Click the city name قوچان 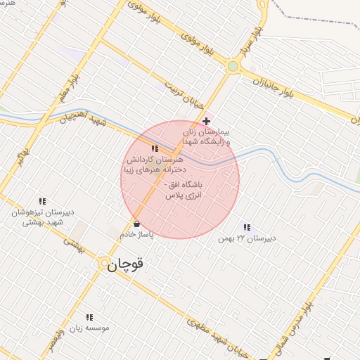tap(128, 264)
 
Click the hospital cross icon tap(205, 122)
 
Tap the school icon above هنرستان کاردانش tap(155, 149)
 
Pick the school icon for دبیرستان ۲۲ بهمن tap(246, 227)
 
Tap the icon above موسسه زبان tap(89, 317)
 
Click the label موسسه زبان tap(90, 328)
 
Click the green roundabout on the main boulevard tap(233, 66)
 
